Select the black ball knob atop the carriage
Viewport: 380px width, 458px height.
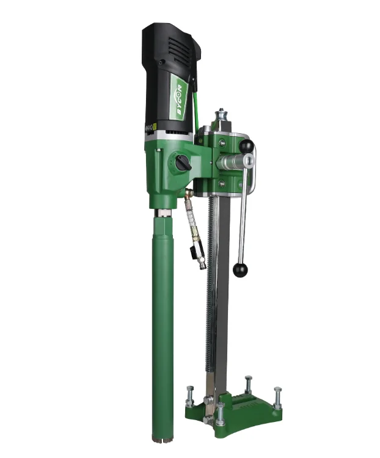[x=246, y=147]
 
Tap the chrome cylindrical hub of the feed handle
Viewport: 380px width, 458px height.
[x=233, y=164]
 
